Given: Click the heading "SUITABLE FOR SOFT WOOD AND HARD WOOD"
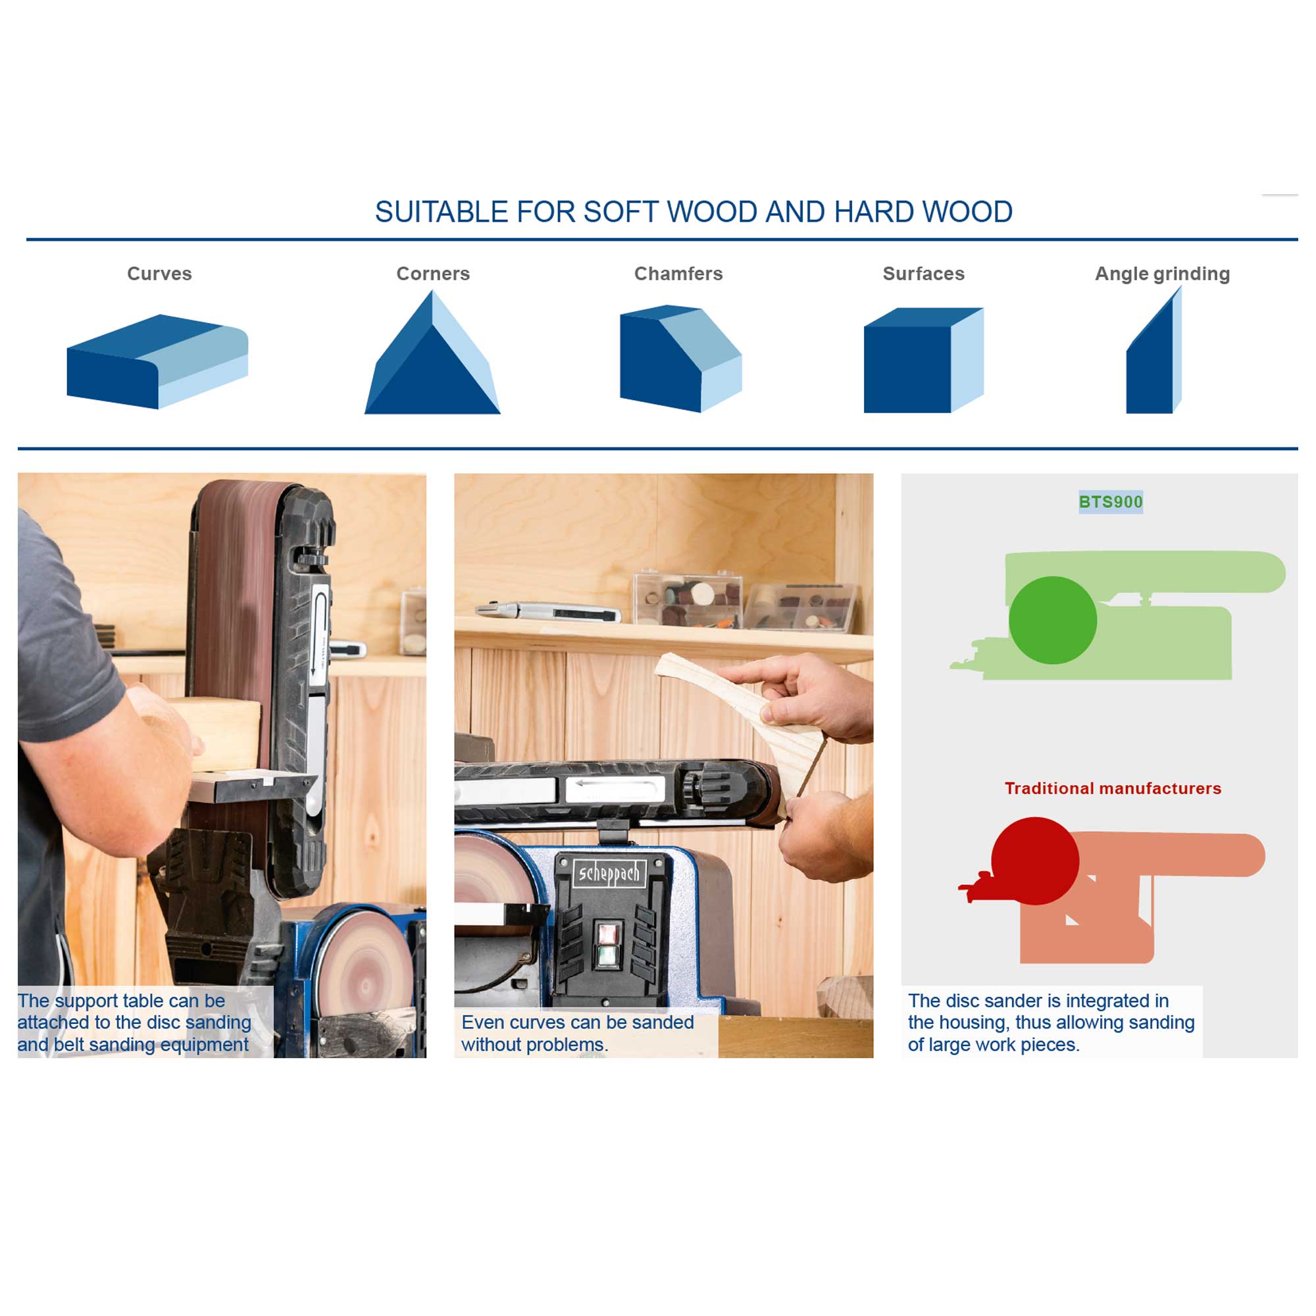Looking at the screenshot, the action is click(x=694, y=212).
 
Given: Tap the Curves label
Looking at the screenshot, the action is click(x=159, y=274).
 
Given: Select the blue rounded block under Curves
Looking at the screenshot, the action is click(x=157, y=362).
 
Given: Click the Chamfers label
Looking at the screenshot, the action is click(x=678, y=274).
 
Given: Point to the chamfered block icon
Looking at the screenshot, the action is click(x=680, y=359).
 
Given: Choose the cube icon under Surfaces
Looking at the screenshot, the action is click(x=924, y=361).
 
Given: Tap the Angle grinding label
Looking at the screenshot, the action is click(x=1162, y=274).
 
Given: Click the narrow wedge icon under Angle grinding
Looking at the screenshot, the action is click(x=1153, y=350).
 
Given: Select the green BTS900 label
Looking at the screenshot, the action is click(x=1110, y=502).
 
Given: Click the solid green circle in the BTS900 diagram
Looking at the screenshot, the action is click(x=1052, y=620).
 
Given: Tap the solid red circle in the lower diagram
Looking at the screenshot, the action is click(x=1034, y=861).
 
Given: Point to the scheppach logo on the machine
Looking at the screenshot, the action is click(x=609, y=874).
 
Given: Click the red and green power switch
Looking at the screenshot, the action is click(x=607, y=944).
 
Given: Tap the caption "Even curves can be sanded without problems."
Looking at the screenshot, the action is click(x=578, y=1033).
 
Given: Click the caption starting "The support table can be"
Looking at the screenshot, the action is click(x=134, y=1023).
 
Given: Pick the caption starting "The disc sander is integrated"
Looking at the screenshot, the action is click(x=1051, y=1023).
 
